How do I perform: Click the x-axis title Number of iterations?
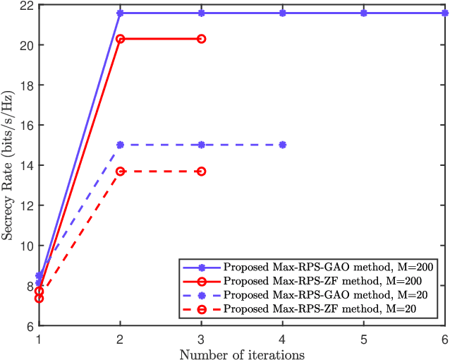[x=242, y=354]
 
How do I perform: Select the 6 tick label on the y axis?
[x=27, y=326]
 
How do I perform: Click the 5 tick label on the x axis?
[x=364, y=340]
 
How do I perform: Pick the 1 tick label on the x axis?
[x=39, y=340]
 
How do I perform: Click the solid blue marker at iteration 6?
[x=444, y=13]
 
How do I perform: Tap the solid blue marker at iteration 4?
[x=283, y=13]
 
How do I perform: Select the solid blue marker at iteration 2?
[x=121, y=13]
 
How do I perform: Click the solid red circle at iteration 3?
[x=202, y=39]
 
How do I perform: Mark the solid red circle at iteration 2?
[x=121, y=39]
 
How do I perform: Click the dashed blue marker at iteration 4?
[x=283, y=145]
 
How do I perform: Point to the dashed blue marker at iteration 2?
[x=121, y=145]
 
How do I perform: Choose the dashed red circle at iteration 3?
[x=202, y=172]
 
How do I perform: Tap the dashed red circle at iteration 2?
[x=121, y=172]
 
